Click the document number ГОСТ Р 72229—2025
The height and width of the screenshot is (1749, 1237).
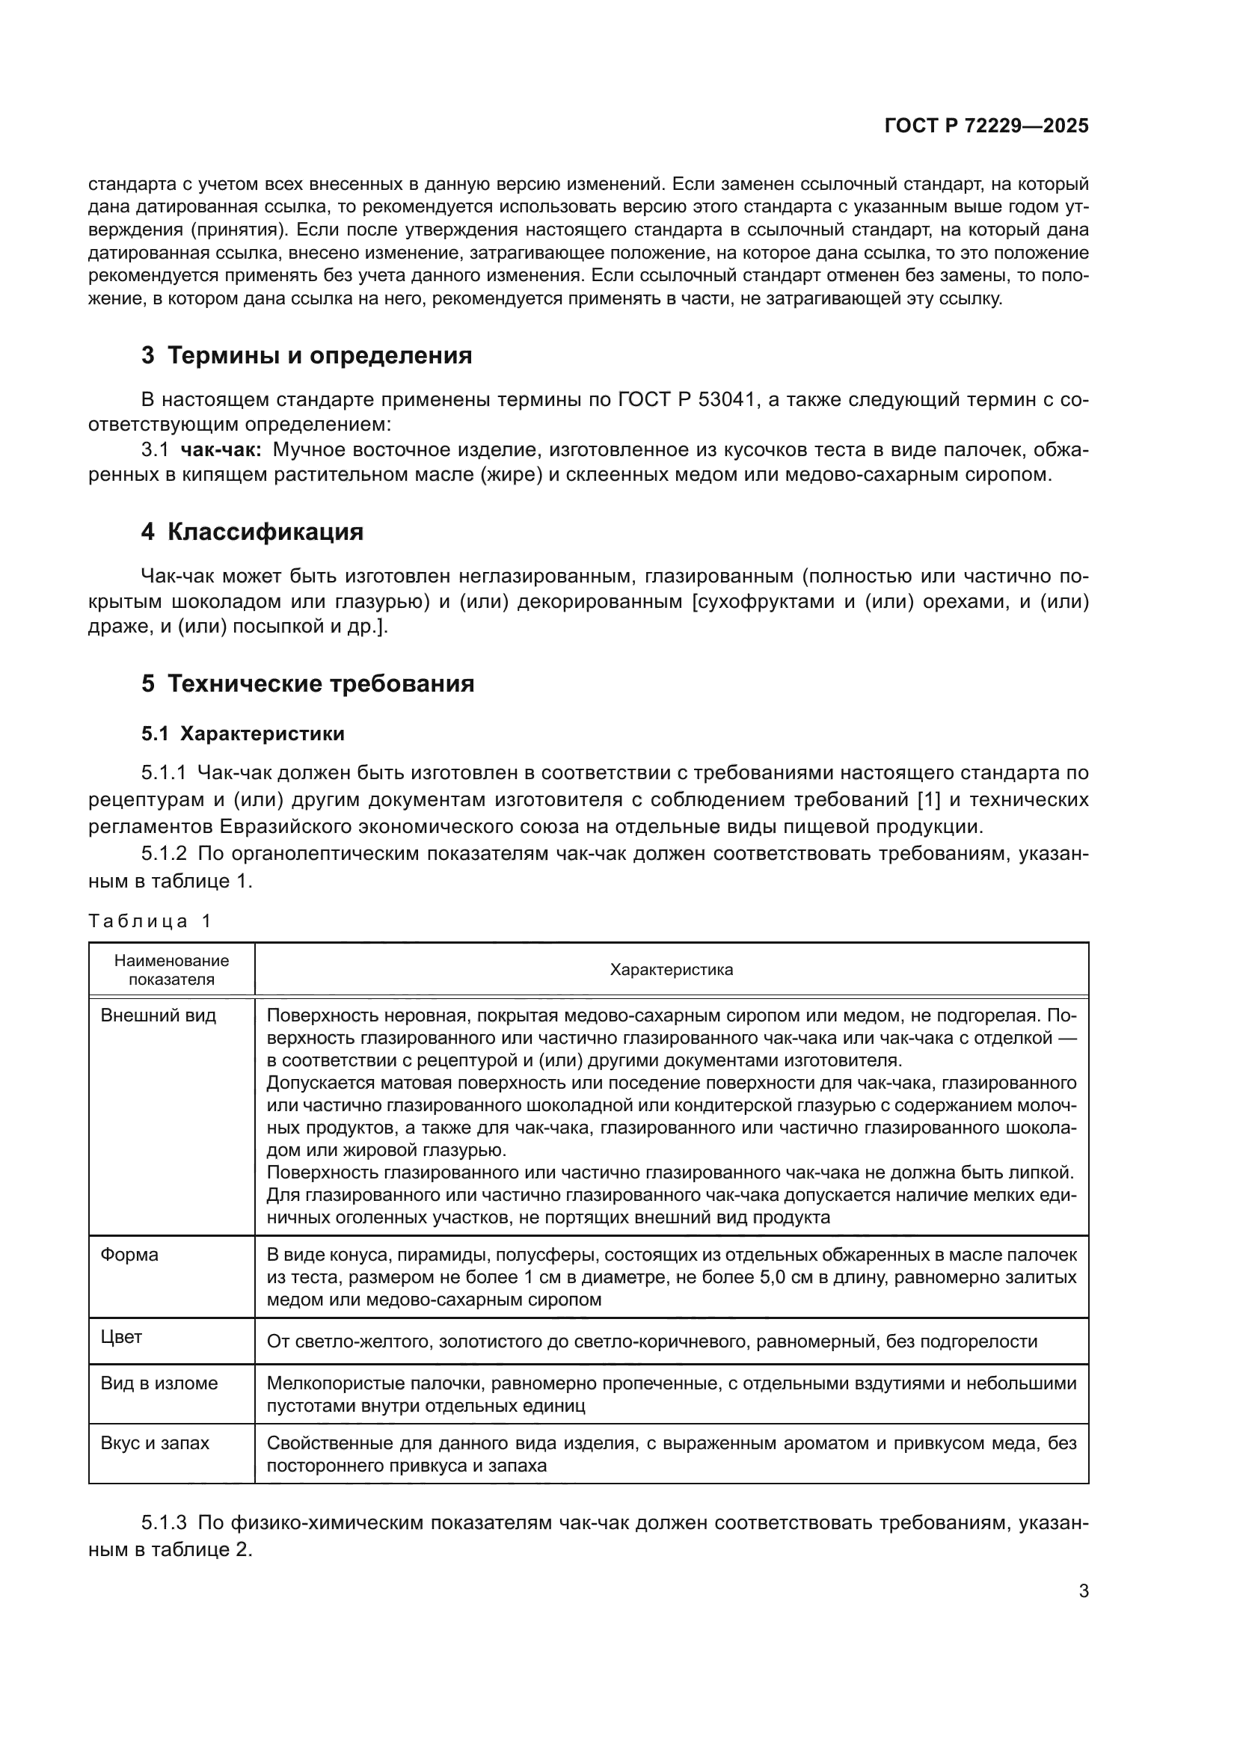tap(986, 126)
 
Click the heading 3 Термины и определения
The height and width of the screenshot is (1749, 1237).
tap(306, 356)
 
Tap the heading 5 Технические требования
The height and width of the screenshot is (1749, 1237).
tap(307, 683)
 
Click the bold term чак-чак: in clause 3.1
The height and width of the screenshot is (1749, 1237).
tap(221, 450)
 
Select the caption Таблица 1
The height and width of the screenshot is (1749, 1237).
tap(150, 921)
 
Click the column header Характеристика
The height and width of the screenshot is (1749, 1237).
tap(671, 970)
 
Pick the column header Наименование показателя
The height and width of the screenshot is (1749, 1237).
tap(171, 970)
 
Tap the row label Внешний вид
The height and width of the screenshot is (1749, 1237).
tap(159, 1015)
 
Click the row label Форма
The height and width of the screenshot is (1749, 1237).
tap(129, 1255)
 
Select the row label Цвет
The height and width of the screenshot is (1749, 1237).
tap(121, 1337)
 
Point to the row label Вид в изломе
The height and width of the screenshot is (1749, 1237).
tap(159, 1383)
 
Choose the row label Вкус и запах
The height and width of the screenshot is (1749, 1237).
tap(155, 1442)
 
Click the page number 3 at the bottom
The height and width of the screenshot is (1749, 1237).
tap(1083, 1590)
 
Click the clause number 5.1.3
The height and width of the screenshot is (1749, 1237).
tap(164, 1522)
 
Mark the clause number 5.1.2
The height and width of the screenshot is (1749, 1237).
tap(164, 853)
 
